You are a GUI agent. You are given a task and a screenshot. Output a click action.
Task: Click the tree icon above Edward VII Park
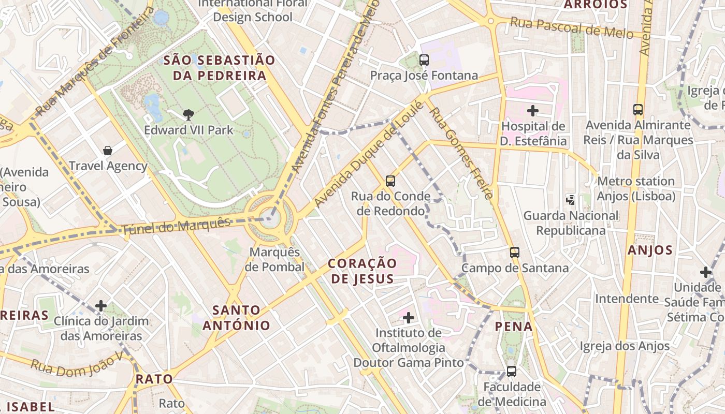click(189, 114)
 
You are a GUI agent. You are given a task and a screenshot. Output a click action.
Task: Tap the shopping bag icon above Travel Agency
click(108, 151)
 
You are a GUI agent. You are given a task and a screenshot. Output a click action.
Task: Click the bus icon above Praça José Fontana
click(424, 60)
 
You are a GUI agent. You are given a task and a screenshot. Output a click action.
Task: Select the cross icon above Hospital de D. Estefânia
click(533, 111)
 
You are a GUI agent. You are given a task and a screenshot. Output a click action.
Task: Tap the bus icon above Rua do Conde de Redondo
click(390, 181)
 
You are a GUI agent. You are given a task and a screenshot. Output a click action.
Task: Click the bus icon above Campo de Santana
click(514, 253)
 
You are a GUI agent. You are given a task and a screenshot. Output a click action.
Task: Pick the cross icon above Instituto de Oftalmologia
click(409, 317)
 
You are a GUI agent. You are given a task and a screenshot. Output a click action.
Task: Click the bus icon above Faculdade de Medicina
click(511, 371)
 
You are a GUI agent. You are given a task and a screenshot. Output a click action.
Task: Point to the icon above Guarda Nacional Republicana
click(570, 200)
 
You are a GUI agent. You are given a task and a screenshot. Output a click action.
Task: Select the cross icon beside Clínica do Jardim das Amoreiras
click(101, 306)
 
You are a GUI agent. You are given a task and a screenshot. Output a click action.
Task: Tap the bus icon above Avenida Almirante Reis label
click(638, 110)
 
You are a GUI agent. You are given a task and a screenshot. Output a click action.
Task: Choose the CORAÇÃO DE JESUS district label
click(363, 271)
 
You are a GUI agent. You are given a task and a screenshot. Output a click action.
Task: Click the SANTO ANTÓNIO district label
click(236, 318)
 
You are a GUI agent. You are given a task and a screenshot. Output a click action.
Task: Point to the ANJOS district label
click(650, 250)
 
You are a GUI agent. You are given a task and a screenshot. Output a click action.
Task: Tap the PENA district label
click(514, 327)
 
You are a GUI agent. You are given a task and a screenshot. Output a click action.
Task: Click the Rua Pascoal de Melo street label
click(572, 28)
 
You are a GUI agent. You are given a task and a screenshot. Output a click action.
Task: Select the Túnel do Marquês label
click(176, 226)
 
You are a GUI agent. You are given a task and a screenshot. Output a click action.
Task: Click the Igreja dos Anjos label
click(625, 346)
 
